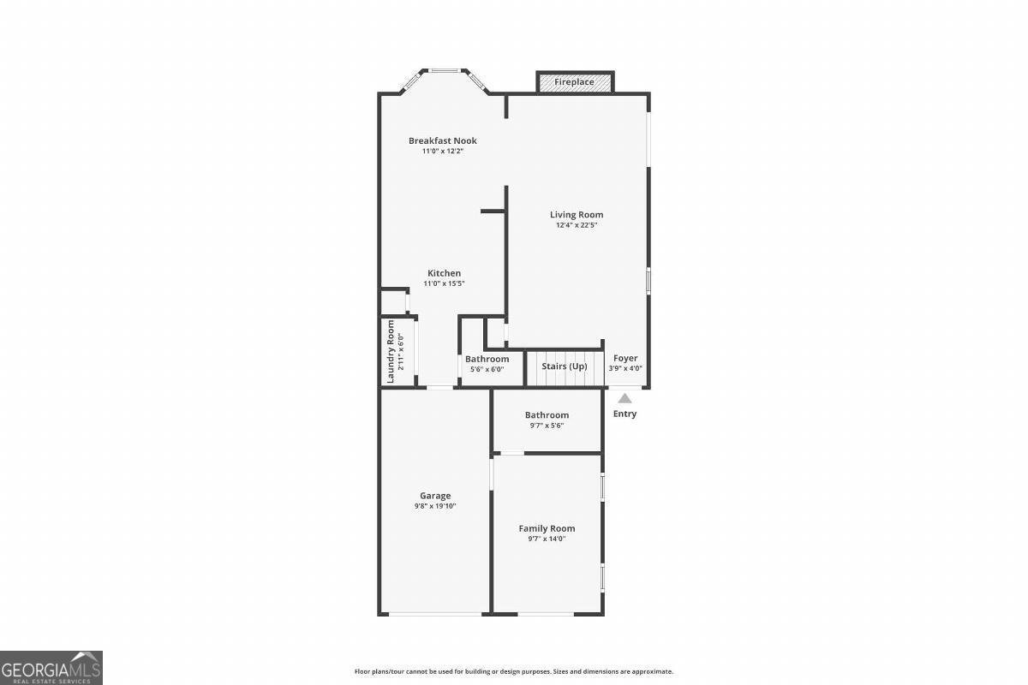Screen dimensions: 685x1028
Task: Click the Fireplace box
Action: point(574,82)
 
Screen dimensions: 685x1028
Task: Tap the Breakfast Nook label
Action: point(442,140)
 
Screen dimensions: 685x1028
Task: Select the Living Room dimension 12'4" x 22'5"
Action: point(576,225)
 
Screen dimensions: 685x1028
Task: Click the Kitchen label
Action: point(444,273)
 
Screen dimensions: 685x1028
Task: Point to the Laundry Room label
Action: point(391,351)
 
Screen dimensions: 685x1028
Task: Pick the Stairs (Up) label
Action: point(564,366)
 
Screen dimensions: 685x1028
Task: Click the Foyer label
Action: point(625,358)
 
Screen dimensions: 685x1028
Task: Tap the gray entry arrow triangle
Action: point(625,398)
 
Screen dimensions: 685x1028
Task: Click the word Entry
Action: point(625,414)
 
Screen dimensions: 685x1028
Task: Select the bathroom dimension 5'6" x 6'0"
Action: point(487,369)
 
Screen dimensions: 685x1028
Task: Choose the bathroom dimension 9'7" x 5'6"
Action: point(547,426)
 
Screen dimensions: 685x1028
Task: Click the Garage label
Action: point(435,496)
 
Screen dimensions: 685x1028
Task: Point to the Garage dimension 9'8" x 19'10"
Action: point(435,506)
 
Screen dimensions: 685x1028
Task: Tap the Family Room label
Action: point(547,528)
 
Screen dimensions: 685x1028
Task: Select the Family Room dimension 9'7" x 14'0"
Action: point(547,539)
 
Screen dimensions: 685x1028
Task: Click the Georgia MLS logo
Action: point(51,667)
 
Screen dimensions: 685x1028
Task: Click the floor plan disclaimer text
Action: point(513,671)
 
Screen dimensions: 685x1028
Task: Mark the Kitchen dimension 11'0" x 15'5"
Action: point(444,283)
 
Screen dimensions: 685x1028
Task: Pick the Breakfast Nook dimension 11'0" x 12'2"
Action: point(442,152)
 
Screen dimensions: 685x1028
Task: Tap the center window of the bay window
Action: point(444,71)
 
